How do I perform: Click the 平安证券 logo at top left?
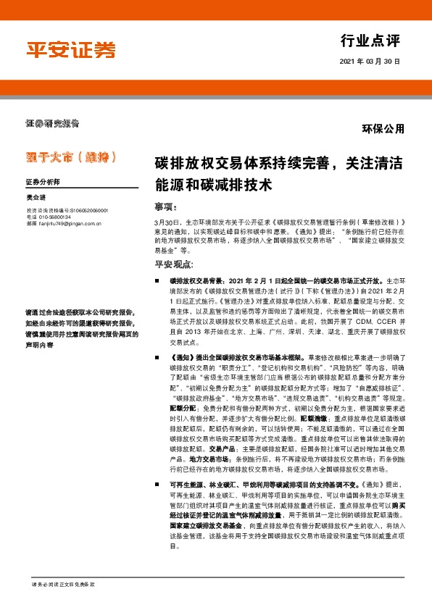[x=71, y=51]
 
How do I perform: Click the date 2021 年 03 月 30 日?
[x=370, y=62]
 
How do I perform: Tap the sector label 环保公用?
[x=383, y=129]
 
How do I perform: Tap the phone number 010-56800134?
[x=54, y=217]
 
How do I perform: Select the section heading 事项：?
[x=165, y=206]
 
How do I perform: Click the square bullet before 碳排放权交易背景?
[x=157, y=279]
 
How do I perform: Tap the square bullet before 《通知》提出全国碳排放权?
[x=157, y=358]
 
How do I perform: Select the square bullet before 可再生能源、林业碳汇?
[x=157, y=484]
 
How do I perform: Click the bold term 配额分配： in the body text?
[x=185, y=408]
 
